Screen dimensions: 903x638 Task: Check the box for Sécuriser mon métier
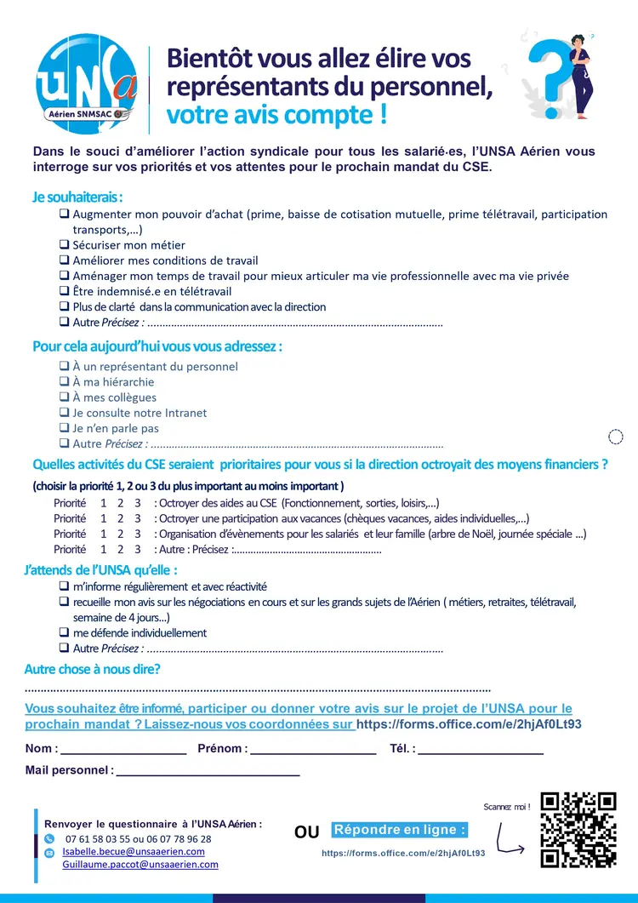pyautogui.click(x=64, y=245)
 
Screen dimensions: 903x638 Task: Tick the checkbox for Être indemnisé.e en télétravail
pyautogui.click(x=64, y=291)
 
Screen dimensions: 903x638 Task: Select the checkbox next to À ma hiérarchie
pyautogui.click(x=64, y=382)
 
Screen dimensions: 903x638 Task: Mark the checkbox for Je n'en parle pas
pyautogui.click(x=64, y=428)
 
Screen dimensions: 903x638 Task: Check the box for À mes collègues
pyautogui.click(x=64, y=397)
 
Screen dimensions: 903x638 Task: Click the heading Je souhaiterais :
pyautogui.click(x=77, y=197)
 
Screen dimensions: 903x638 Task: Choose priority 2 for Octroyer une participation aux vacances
pyautogui.click(x=121, y=518)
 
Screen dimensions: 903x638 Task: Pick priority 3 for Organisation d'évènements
pyautogui.click(x=138, y=534)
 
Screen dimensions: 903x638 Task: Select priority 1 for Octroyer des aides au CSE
pyautogui.click(x=104, y=503)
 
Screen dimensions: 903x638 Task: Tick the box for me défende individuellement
pyautogui.click(x=64, y=633)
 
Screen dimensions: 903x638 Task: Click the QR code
pyautogui.click(x=578, y=830)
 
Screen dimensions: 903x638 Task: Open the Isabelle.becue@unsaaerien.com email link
pyautogui.click(x=134, y=851)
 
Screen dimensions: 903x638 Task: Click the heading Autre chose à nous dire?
pyautogui.click(x=92, y=670)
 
